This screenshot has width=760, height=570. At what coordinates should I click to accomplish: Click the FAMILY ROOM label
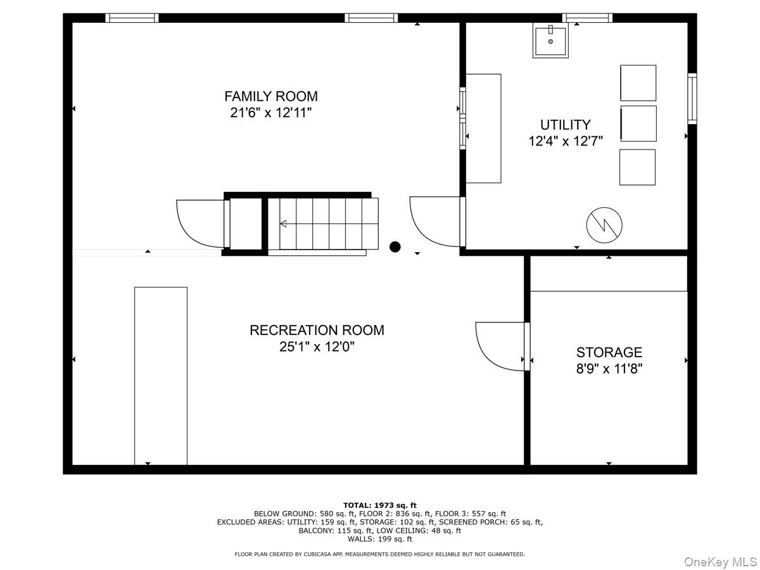click(x=271, y=96)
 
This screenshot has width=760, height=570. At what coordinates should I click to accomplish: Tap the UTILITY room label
click(x=566, y=125)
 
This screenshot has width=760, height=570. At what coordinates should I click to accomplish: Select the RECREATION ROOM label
click(x=317, y=330)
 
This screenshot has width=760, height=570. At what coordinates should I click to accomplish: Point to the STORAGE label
click(x=609, y=352)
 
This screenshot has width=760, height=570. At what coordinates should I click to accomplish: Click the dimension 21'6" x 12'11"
click(x=271, y=113)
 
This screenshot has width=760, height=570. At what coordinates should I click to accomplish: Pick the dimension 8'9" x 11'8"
click(x=609, y=369)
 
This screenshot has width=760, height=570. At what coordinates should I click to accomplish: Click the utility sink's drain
click(x=550, y=42)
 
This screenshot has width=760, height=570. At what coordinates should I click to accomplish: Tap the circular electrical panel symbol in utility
click(x=604, y=225)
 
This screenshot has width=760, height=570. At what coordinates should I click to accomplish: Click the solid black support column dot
click(x=395, y=247)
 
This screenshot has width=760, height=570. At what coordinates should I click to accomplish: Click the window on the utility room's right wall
click(x=692, y=99)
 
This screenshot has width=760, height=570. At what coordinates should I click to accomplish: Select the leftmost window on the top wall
click(x=132, y=18)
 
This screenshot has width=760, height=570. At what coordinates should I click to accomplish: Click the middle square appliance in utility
click(x=638, y=123)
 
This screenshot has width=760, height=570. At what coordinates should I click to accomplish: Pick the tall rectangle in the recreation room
click(x=161, y=376)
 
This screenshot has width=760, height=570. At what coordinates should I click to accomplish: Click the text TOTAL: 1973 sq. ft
click(x=380, y=505)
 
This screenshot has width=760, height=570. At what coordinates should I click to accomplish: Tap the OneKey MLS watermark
click(x=720, y=561)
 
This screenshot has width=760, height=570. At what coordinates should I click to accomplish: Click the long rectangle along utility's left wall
click(x=483, y=129)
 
